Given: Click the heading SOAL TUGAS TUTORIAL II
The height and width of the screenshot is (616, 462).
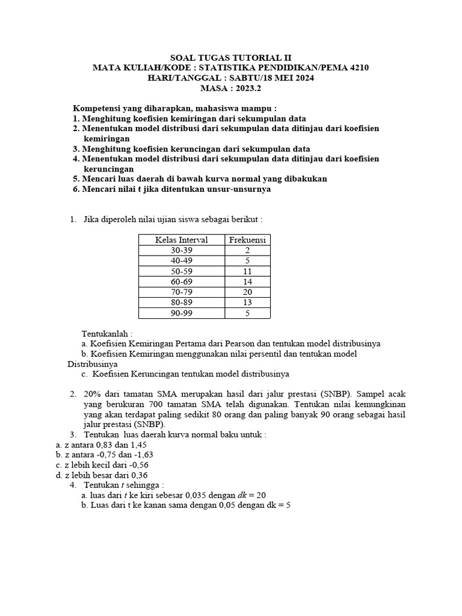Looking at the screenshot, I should (231, 58).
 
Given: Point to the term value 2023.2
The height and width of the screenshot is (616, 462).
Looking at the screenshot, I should (248, 88).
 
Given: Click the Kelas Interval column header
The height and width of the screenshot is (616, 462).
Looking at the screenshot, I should (181, 240).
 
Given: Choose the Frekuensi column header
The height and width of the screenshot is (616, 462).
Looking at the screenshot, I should (247, 240).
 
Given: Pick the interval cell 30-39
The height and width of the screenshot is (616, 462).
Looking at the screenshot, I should (181, 250).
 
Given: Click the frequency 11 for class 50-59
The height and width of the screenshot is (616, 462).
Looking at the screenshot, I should (247, 271).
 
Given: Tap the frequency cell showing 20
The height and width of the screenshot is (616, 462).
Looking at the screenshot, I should (247, 292).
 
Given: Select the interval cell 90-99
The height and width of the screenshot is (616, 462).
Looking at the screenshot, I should (181, 313).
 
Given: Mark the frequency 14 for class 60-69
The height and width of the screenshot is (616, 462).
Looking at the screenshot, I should (247, 282).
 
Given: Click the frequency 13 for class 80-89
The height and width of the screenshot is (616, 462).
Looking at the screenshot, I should (247, 303).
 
